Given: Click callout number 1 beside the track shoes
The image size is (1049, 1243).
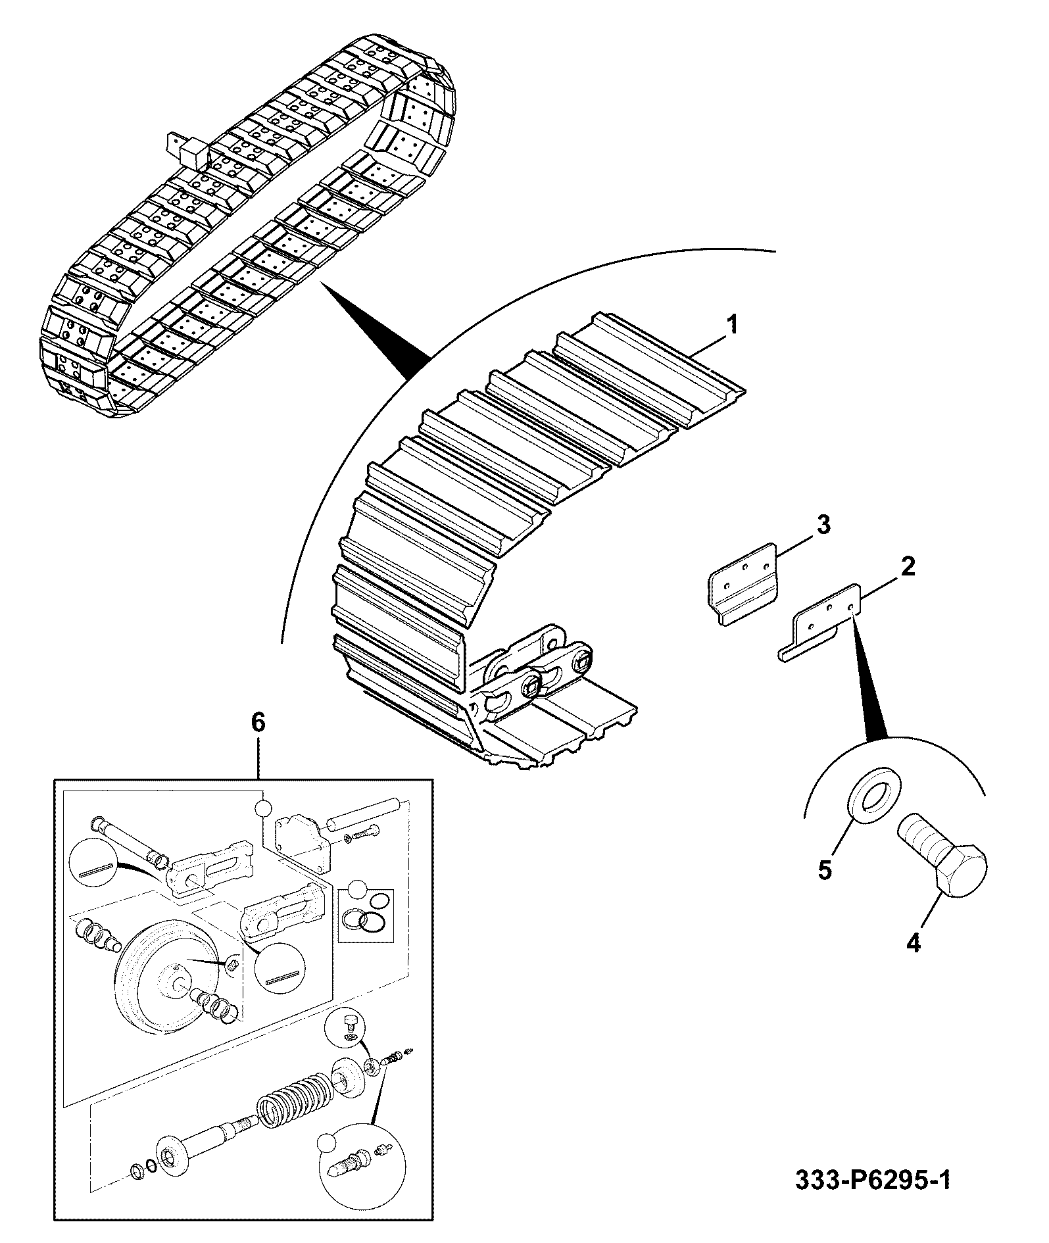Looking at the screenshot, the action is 733,325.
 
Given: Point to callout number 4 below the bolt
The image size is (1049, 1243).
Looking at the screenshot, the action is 913,943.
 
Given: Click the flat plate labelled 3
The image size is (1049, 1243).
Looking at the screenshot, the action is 744,581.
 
